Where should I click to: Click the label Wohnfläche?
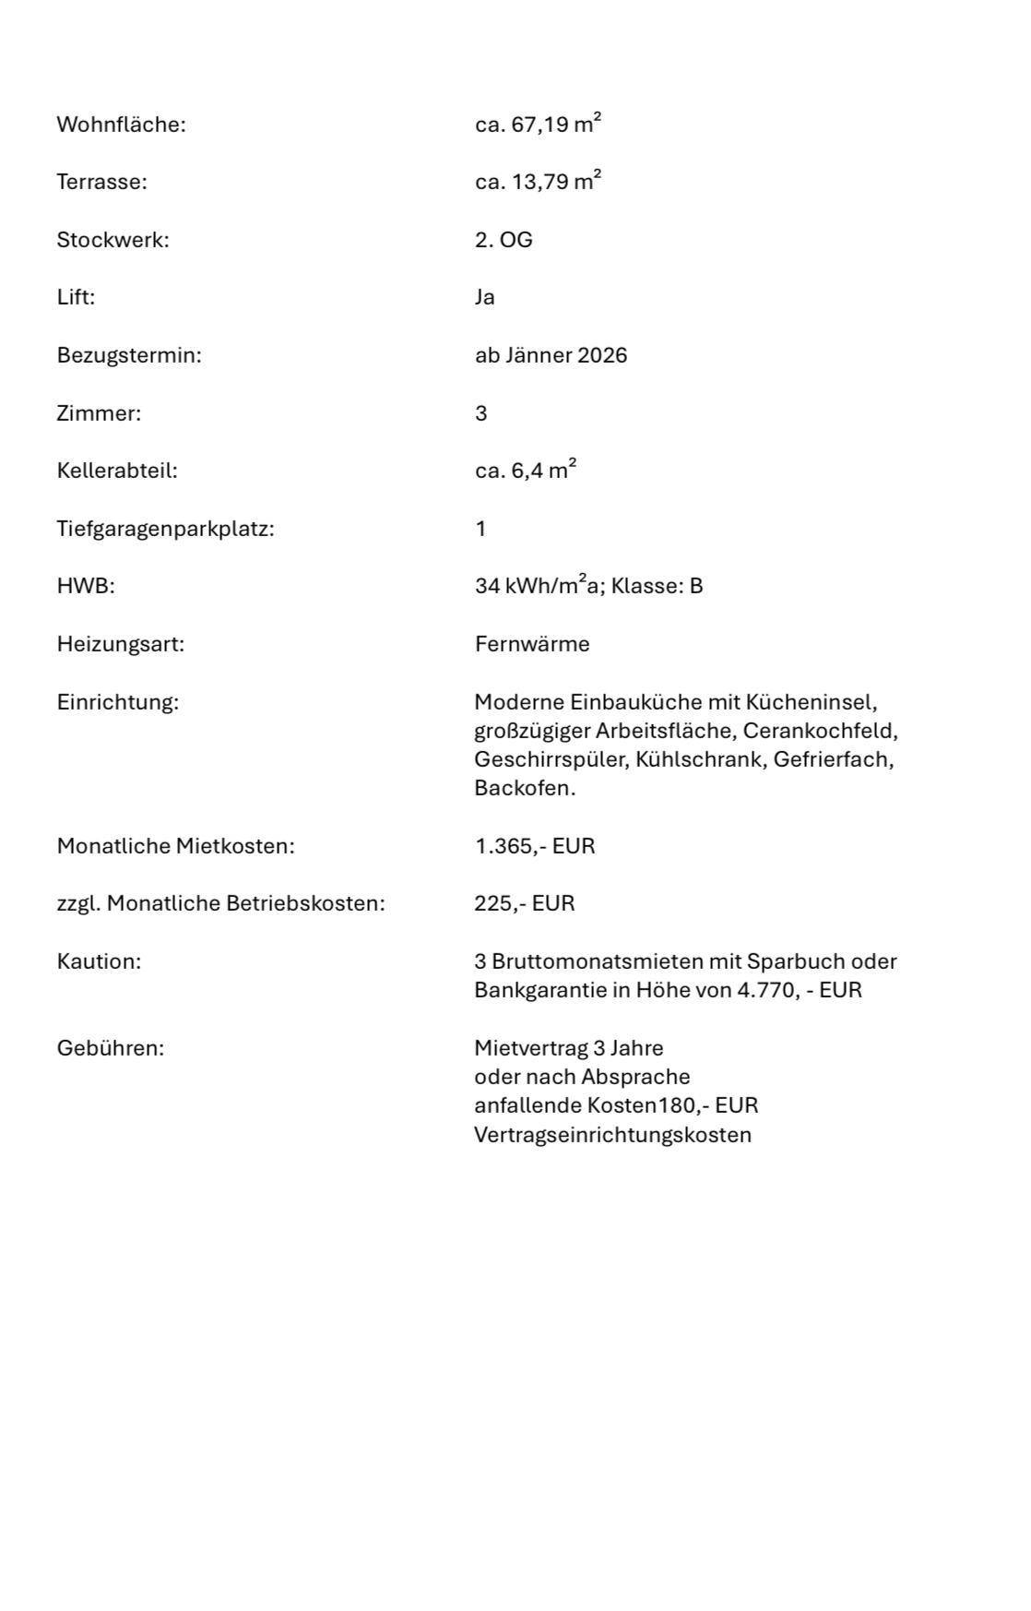coord(121,125)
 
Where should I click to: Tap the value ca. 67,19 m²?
coord(538,124)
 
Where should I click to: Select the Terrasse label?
coord(101,182)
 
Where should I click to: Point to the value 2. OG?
coord(504,240)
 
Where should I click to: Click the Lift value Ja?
coord(485,297)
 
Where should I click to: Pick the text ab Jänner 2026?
coord(551,355)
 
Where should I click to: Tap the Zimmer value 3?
coord(481,413)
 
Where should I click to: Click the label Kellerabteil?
coord(117,471)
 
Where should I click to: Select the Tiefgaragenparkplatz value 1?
coord(480,529)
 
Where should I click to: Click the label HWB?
coord(86,586)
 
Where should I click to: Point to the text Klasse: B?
coord(657,586)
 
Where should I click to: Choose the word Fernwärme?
coord(532,644)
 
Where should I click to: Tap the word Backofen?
coord(525,789)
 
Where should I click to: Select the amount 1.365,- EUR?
coord(535,846)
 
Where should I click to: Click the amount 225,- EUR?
coord(525,903)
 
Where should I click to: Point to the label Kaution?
coord(99,961)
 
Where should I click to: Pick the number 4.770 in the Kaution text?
coord(767,991)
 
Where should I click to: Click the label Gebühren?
coord(110,1048)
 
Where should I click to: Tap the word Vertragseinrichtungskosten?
coord(612,1135)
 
